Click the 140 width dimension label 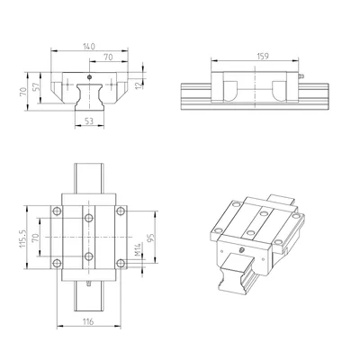pyautogui.click(x=89, y=47)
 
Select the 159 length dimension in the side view pyautogui.click(x=263, y=56)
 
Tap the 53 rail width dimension pyautogui.click(x=89, y=121)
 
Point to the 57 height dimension pyautogui.click(x=36, y=87)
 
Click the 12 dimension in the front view pyautogui.click(x=138, y=85)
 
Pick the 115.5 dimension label pyautogui.click(x=23, y=238)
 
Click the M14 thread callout pyautogui.click(x=138, y=249)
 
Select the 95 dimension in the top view pyautogui.click(x=151, y=238)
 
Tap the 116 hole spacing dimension pyautogui.click(x=88, y=321)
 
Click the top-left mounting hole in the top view pyautogui.click(x=57, y=211)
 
